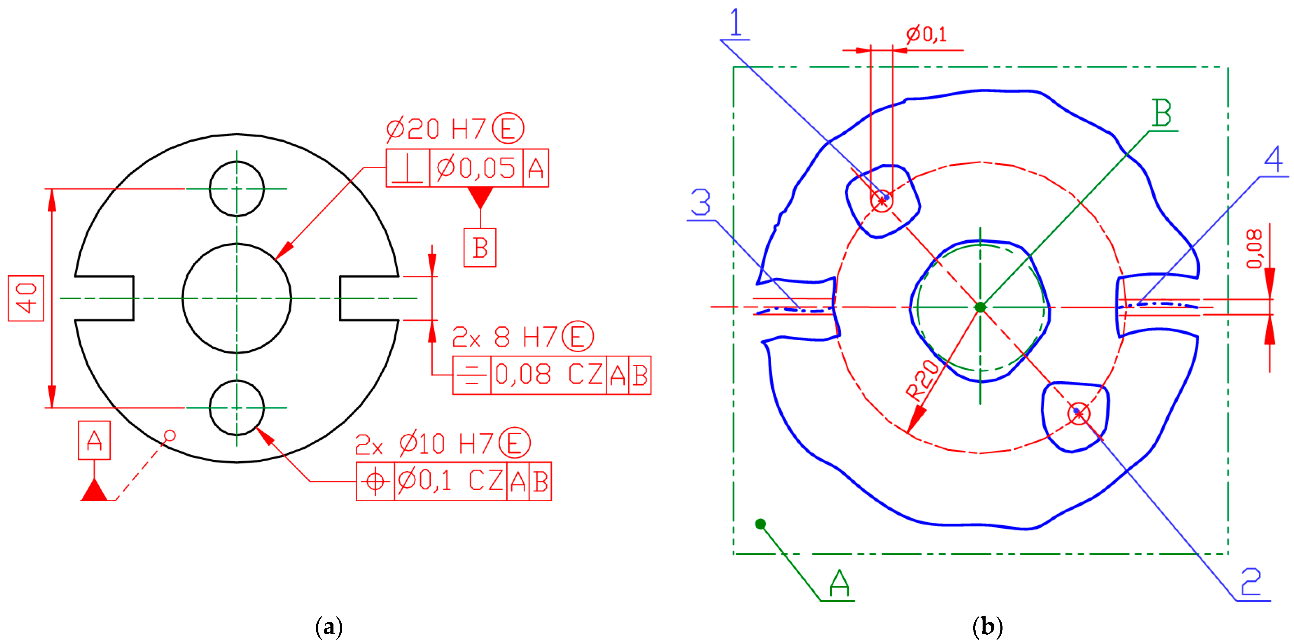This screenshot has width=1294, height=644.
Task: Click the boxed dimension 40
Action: [x=26, y=298]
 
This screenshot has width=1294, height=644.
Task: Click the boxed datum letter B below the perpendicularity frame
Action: [x=480, y=248]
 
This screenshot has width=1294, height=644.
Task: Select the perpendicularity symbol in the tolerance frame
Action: [x=408, y=168]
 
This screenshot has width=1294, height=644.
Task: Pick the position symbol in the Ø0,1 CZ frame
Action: [x=375, y=481]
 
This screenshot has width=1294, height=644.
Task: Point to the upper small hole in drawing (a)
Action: [x=237, y=189]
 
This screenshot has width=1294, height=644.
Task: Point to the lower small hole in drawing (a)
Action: [x=237, y=408]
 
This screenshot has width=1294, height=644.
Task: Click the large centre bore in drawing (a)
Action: [x=237, y=298]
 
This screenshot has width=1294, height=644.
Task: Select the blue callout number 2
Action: [x=1251, y=582]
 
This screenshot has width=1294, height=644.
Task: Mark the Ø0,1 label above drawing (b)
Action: [x=927, y=34]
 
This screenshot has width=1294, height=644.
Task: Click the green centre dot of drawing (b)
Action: [x=980, y=307]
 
